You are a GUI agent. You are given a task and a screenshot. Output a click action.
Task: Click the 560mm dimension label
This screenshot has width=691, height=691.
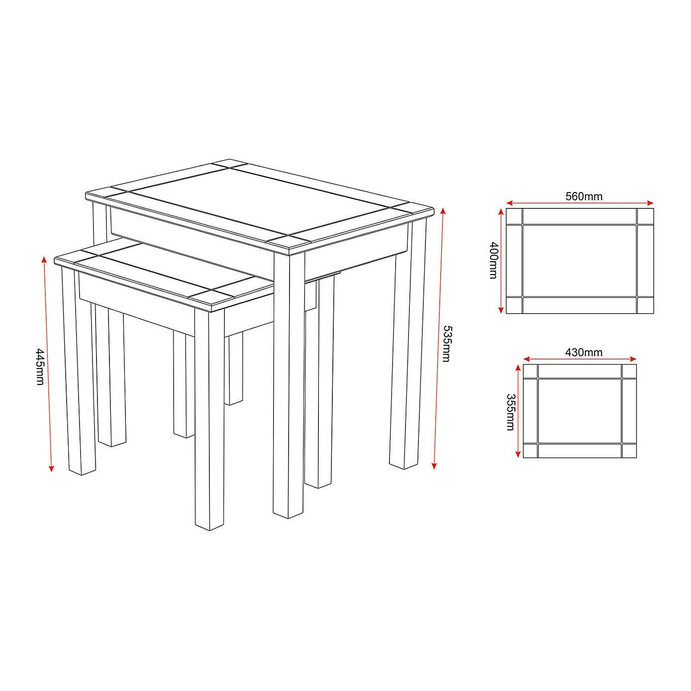[584, 196]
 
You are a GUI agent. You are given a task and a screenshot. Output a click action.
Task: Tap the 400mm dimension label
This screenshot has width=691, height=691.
[494, 260]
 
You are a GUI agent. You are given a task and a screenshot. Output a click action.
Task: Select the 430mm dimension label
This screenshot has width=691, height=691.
[584, 352]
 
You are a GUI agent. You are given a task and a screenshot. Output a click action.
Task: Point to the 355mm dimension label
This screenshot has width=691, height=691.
[510, 412]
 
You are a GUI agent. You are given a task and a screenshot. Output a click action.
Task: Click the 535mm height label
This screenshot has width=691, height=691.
[447, 344]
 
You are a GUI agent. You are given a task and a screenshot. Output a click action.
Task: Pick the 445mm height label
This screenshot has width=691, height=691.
[40, 367]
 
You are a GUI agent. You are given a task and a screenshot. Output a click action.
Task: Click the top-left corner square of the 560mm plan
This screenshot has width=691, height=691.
[514, 216]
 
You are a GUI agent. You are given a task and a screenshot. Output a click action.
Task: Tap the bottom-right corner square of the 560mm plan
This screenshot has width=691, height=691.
[645, 305]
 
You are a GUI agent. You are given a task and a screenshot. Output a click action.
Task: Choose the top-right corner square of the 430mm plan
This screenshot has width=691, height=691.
[629, 371]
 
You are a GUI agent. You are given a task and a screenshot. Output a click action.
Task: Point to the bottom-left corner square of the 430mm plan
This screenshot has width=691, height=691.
[530, 450]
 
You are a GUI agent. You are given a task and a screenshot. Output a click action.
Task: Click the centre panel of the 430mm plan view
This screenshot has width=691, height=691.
[580, 410]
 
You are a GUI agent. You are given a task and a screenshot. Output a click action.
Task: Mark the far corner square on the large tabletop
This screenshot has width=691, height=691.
[230, 164]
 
